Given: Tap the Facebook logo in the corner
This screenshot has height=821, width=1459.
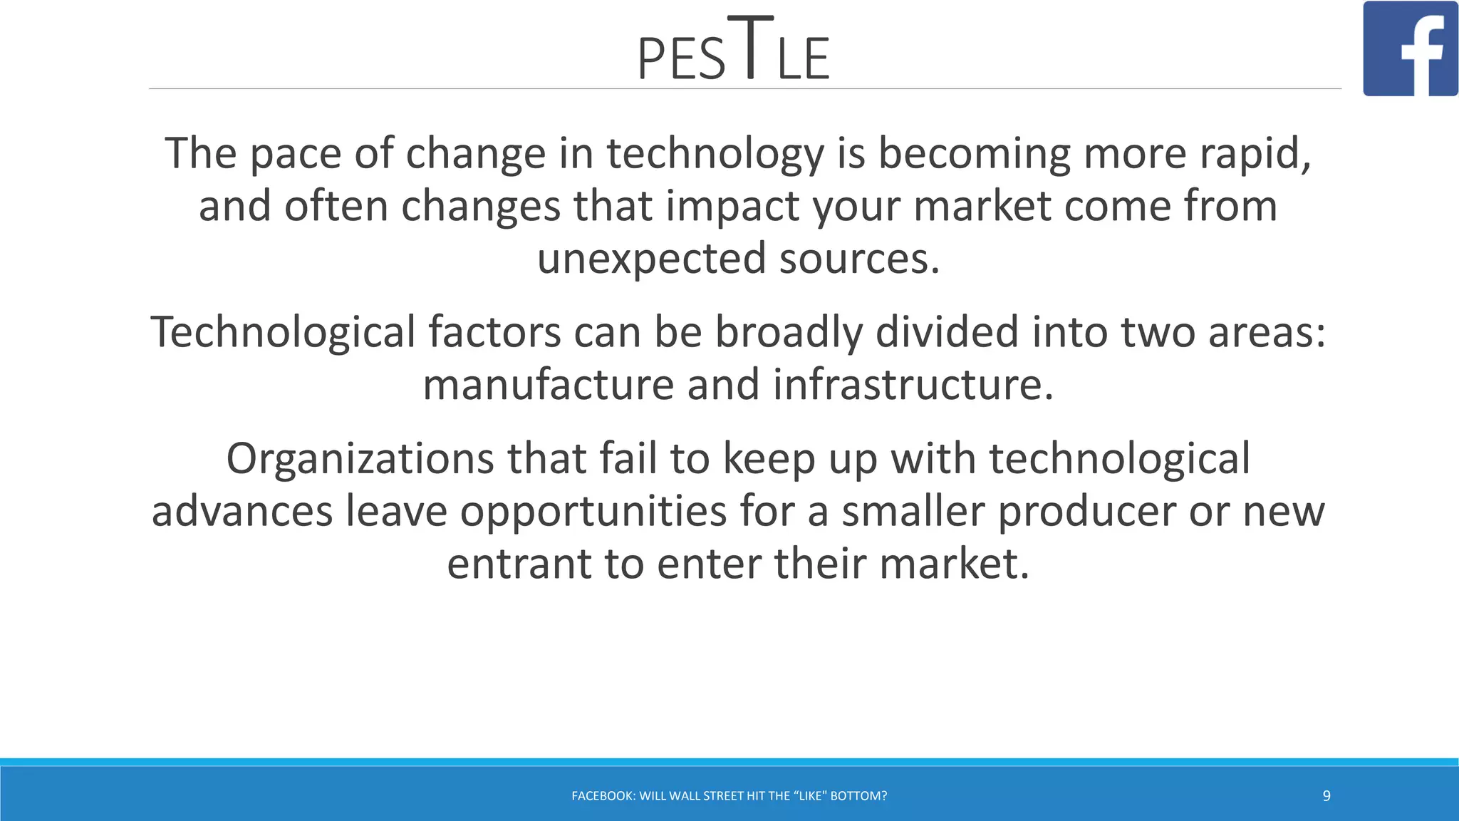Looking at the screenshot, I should pos(1410,48).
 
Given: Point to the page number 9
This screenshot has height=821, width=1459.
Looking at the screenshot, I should pos(1326,796).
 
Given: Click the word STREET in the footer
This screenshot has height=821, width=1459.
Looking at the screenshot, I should pos(724,796).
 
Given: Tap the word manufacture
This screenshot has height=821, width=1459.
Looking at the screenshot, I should pos(548,385).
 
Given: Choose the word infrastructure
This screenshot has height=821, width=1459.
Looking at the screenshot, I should pos(913,385).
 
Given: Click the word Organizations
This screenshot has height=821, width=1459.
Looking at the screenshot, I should pos(360,458).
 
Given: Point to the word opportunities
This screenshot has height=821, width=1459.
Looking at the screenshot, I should pos(593,512).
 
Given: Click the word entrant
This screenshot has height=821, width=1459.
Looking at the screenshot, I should pos(519,564).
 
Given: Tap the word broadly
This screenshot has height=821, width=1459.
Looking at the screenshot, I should pos(788,333).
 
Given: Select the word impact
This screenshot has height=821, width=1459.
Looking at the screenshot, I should pos(732,207).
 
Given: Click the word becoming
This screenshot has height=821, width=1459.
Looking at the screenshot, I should pos(974,154).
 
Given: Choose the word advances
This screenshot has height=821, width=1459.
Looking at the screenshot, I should pos(242,512).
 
